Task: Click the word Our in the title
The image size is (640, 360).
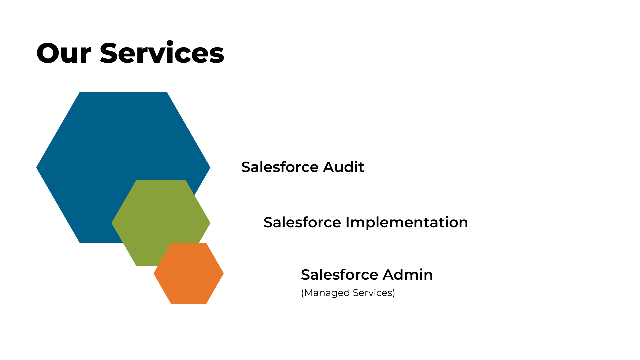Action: pos(64,53)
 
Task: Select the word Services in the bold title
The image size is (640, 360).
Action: pos(162,52)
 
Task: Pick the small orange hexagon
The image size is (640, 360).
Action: pos(189,273)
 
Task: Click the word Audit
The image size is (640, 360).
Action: pos(344,167)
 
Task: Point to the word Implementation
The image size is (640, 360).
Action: pos(407,223)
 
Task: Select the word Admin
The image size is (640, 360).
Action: pos(408,275)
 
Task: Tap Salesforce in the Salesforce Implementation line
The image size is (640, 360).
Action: pos(302,222)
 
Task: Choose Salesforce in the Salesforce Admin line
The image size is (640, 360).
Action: pos(340,275)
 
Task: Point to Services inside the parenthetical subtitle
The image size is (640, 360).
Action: pos(372,293)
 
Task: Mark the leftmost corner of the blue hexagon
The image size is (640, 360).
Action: pos(36,168)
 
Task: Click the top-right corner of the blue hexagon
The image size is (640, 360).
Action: pos(167,92)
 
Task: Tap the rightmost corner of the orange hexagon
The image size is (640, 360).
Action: pos(224,274)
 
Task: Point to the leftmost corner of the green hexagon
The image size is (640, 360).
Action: pos(112,223)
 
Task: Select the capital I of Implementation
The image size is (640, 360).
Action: pos(347,222)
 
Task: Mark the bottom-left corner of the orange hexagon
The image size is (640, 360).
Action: pos(171,304)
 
